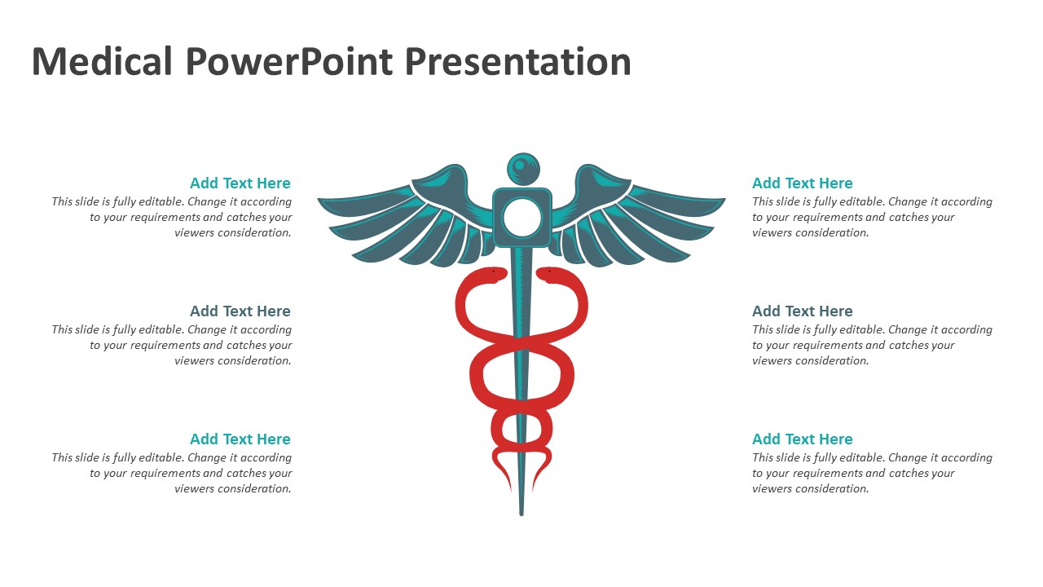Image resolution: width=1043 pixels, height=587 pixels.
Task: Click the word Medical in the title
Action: pyautogui.click(x=102, y=61)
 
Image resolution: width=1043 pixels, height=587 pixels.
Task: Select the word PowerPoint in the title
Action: pyautogui.click(x=289, y=61)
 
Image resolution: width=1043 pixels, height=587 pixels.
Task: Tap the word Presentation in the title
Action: pyautogui.click(x=517, y=61)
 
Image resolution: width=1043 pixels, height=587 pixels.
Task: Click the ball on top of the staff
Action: pyautogui.click(x=523, y=169)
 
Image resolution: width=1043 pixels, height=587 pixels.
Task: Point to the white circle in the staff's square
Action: pyautogui.click(x=522, y=217)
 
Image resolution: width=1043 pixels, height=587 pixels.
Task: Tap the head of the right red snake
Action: pyautogui.click(x=549, y=274)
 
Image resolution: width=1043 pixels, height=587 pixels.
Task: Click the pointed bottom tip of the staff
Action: pyautogui.click(x=521, y=514)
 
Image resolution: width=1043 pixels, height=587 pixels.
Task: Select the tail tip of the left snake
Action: pyautogui.click(x=510, y=491)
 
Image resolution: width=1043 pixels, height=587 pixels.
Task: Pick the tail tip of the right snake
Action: pyautogui.click(x=533, y=491)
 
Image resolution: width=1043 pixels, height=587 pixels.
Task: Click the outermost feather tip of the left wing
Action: pyautogui.click(x=319, y=200)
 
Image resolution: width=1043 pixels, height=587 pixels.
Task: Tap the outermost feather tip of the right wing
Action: pyautogui.click(x=724, y=200)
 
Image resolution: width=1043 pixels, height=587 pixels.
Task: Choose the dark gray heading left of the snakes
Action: pyautogui.click(x=240, y=311)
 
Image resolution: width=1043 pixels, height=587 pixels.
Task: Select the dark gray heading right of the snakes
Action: pyautogui.click(x=803, y=311)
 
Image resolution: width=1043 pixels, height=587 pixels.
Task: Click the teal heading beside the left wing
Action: pyautogui.click(x=240, y=183)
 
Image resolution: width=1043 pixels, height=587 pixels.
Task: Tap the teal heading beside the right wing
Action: pyautogui.click(x=803, y=183)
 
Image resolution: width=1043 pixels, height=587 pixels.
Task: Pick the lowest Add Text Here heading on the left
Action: pyautogui.click(x=240, y=439)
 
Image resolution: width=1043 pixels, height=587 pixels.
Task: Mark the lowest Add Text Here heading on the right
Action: pyautogui.click(x=803, y=439)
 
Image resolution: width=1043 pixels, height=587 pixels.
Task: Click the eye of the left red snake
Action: pyautogui.click(x=493, y=271)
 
